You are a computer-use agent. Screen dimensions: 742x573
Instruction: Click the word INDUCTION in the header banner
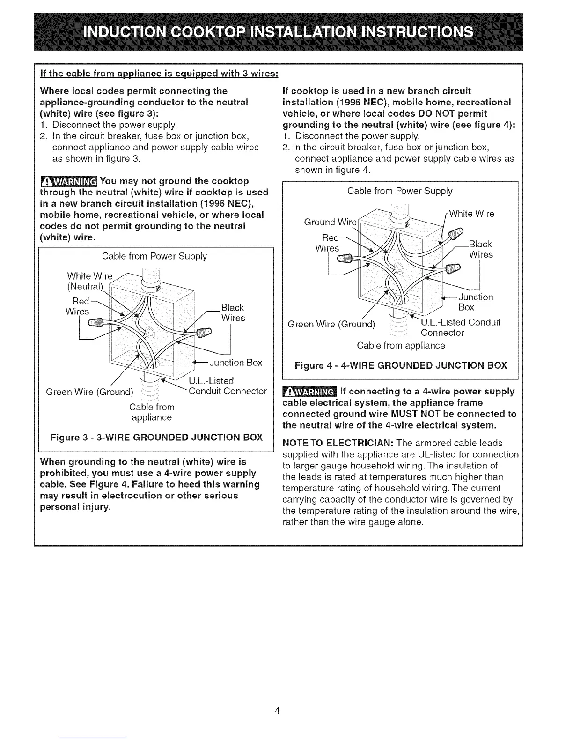[x=124, y=32]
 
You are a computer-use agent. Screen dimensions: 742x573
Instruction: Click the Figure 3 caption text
[x=157, y=438]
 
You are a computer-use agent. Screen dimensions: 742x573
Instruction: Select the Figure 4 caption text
[x=401, y=365]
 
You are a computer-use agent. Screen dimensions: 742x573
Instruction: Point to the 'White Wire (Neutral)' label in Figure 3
[x=89, y=281]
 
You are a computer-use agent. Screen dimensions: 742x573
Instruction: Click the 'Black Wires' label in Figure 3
[x=233, y=312]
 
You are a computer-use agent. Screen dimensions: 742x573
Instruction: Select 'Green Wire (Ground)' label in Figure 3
[x=89, y=391]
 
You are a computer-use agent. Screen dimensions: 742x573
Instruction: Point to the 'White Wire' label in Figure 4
[x=471, y=214]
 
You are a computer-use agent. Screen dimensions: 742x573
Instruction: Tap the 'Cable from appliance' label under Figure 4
[x=401, y=345]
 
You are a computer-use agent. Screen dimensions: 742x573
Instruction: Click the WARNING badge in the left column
[x=69, y=181]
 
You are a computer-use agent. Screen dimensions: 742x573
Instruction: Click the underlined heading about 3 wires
[x=160, y=74]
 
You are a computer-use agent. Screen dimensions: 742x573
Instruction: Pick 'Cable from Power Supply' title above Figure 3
[x=154, y=256]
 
